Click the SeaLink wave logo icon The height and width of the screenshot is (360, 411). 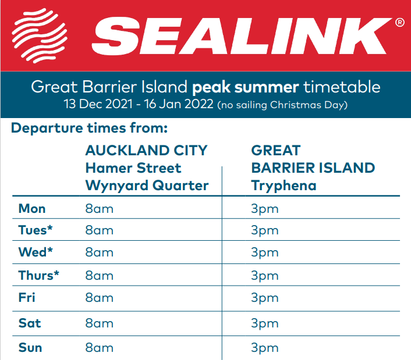tap(40, 35)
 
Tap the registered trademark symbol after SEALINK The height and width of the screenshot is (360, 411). tap(400, 23)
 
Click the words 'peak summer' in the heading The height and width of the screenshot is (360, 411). tap(245, 87)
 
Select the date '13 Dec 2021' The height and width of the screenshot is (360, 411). tap(98, 104)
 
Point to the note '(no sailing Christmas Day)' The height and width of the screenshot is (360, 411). tap(282, 105)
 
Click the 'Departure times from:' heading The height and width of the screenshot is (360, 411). tap(89, 129)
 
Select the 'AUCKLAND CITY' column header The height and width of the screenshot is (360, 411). tap(147, 151)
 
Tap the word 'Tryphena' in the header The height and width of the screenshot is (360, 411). tap(284, 186)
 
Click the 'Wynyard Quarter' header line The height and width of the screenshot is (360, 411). tap(147, 186)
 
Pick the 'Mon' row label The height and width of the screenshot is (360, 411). tap(32, 209)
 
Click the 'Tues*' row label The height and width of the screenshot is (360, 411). tap(36, 230)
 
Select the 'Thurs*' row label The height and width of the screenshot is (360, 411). tap(39, 276)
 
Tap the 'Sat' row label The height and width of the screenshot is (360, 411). tap(30, 323)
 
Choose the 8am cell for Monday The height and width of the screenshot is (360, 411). tap(100, 209)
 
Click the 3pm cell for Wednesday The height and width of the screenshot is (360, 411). tap(265, 253)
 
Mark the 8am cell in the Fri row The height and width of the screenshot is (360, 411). tap(100, 298)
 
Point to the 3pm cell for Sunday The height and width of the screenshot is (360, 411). tap(265, 348)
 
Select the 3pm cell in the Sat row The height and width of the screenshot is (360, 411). tap(265, 324)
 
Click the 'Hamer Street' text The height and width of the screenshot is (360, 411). tap(133, 168)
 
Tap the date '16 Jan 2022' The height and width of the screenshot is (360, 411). tap(179, 104)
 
